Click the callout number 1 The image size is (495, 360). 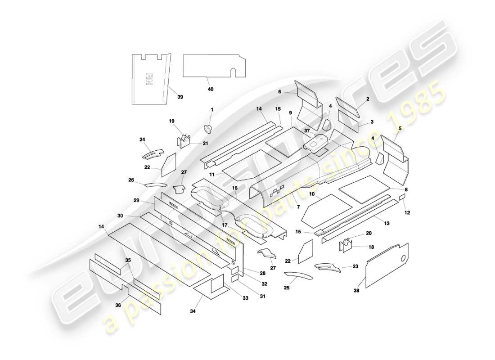pos(212,109)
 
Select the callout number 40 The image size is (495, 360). pos(211,89)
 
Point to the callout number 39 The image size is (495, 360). pos(180,97)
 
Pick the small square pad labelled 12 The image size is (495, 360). pos(402,198)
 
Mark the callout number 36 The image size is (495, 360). pos(118,305)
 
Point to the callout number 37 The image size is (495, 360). pos(307,130)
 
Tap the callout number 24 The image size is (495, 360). pos(143,139)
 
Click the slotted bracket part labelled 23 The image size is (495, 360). pos(327,267)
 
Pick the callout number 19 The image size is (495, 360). pos(171,121)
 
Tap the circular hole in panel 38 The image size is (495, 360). pos(403,258)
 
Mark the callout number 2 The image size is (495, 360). pos(368,99)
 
